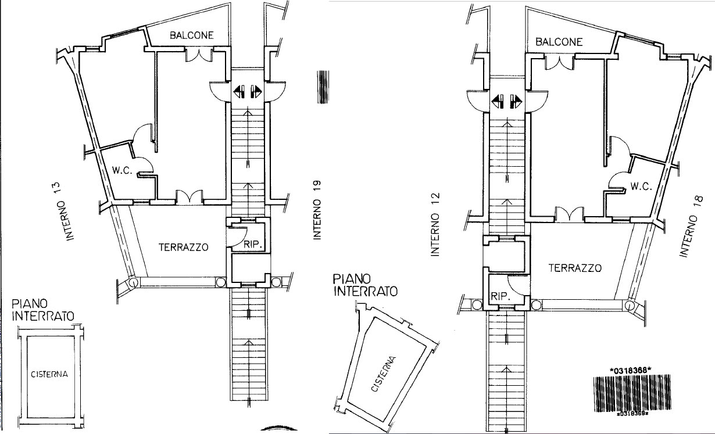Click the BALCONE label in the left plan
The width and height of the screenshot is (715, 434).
tap(191, 35)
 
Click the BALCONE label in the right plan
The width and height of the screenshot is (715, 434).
tap(559, 42)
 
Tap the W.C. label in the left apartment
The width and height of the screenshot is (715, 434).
tap(122, 170)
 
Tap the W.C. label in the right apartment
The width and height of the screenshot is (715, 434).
tap(641, 186)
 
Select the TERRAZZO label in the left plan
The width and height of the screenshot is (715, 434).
tap(184, 247)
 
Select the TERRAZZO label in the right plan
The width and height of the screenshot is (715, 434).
tap(575, 268)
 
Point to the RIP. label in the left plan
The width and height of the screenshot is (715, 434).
tap(253, 245)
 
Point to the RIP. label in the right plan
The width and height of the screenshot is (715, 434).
tap(500, 296)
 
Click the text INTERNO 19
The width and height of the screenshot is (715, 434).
tap(317, 210)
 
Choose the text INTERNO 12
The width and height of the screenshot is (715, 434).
tap(435, 224)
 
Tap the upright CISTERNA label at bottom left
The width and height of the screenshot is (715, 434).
tap(49, 374)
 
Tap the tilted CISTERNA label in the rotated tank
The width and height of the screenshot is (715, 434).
tap(383, 374)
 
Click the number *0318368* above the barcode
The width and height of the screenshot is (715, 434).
tap(630, 371)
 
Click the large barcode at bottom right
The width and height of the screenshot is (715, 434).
tap(632, 393)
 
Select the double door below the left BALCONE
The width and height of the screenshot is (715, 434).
tap(199, 55)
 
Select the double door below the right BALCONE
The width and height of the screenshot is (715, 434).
tap(559, 62)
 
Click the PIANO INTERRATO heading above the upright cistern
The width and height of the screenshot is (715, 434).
tap(43, 310)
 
